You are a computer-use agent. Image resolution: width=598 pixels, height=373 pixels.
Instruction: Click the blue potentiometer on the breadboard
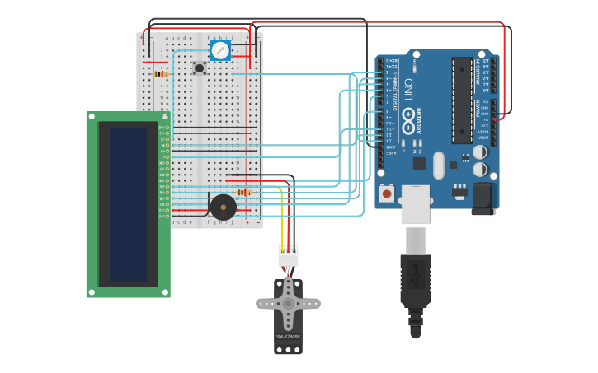click(x=220, y=50)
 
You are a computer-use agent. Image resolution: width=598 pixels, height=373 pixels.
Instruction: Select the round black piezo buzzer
click(x=223, y=207)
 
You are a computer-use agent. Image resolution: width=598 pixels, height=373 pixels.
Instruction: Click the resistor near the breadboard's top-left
click(x=161, y=74)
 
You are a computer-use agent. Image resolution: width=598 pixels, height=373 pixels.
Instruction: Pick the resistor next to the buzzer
click(x=243, y=193)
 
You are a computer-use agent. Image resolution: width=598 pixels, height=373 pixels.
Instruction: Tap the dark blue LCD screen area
click(x=129, y=203)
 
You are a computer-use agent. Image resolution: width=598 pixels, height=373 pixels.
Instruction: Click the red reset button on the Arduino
click(x=386, y=193)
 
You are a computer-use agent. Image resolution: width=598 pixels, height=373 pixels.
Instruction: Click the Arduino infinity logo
click(x=408, y=124)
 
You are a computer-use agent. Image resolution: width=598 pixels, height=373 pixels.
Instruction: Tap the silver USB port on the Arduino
click(x=415, y=203)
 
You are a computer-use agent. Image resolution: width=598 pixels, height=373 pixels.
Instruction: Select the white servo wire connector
click(x=288, y=256)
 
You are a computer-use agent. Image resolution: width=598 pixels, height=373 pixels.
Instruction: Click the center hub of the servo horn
click(x=288, y=303)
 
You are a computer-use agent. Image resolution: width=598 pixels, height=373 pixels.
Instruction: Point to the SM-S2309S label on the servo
click(x=288, y=336)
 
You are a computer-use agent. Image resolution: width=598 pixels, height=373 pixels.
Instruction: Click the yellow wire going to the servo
click(x=282, y=218)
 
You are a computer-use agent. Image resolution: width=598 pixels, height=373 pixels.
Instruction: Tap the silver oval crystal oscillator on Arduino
click(x=438, y=164)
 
